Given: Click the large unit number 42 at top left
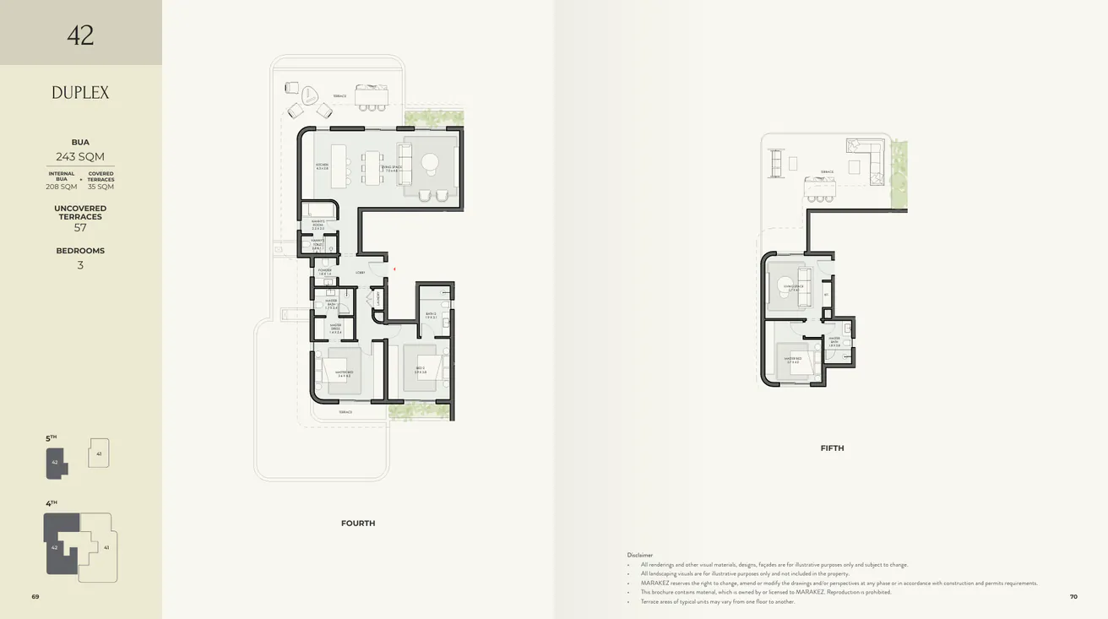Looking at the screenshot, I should click(x=80, y=35).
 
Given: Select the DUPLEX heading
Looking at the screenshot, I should click(x=80, y=93).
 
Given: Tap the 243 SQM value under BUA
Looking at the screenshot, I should click(x=80, y=156).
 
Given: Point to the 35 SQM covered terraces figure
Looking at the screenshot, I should click(x=100, y=187).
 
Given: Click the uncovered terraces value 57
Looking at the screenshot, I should click(x=80, y=228).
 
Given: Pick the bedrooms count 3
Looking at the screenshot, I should click(x=80, y=265).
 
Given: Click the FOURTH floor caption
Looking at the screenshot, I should click(x=358, y=524).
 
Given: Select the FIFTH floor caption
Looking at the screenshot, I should click(x=832, y=448).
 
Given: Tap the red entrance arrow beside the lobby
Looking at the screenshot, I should click(x=394, y=269).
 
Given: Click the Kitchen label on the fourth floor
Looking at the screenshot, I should click(x=322, y=166).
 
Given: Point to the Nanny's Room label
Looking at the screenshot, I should click(x=318, y=225).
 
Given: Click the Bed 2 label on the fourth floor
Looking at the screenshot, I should click(x=421, y=371).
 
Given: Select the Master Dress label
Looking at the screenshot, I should click(x=335, y=330).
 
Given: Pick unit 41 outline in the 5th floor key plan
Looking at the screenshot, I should click(x=99, y=453).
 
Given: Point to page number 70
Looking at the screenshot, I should click(x=1073, y=597).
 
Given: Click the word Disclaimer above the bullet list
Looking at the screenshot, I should click(x=640, y=555).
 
